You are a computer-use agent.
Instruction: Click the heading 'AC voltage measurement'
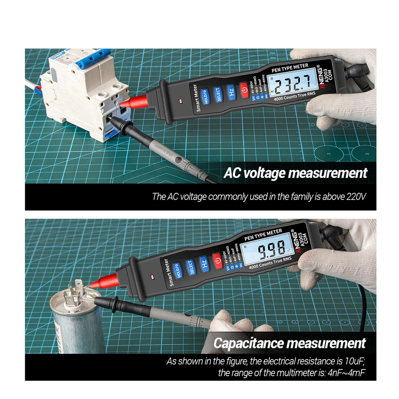pyautogui.click(x=295, y=173)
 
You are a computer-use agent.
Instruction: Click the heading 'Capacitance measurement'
pyautogui.click(x=290, y=343)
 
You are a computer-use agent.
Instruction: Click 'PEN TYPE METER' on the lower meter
pyautogui.click(x=263, y=235)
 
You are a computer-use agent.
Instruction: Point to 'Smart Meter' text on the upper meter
pyautogui.click(x=195, y=98)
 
